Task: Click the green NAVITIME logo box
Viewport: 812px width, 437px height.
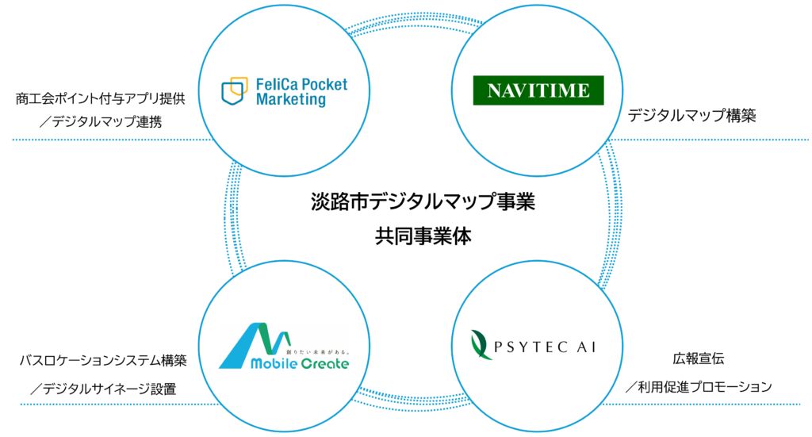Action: [x=538, y=90]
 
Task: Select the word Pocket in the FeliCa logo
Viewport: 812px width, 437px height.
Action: [x=324, y=84]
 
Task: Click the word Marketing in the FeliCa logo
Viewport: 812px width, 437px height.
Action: [x=291, y=99]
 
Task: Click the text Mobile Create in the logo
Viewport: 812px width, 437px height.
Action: [x=300, y=363]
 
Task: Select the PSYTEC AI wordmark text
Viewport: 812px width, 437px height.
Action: [x=545, y=347]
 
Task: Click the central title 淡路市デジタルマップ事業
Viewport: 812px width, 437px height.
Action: [x=423, y=201]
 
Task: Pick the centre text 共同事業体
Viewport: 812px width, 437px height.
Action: [x=423, y=236]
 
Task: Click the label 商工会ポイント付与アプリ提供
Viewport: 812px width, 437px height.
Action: [x=100, y=98]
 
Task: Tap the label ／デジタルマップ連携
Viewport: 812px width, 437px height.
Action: [x=101, y=121]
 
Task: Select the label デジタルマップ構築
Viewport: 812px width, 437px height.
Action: [x=691, y=116]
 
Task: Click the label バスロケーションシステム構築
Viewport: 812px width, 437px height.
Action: [x=103, y=360]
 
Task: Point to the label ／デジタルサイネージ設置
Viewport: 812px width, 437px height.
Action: [x=103, y=389]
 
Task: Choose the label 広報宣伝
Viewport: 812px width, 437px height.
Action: [x=698, y=358]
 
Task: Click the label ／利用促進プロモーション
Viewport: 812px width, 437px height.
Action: [x=698, y=387]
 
